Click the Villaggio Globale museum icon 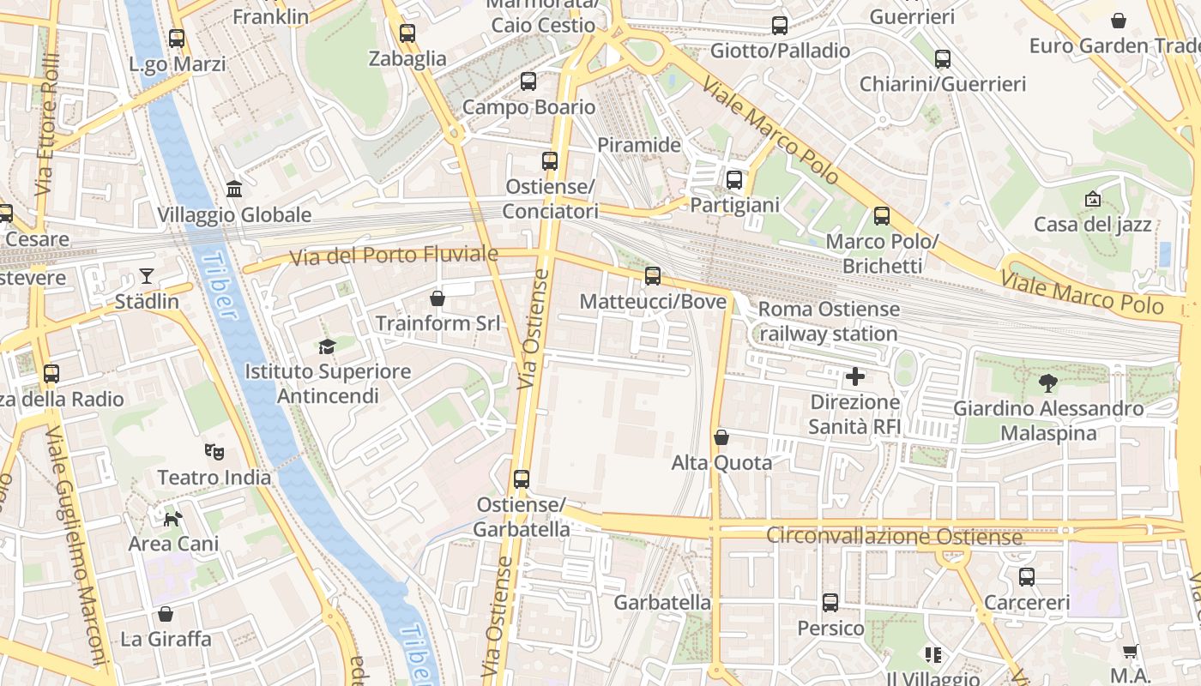pyautogui.click(x=233, y=189)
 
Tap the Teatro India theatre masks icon pyautogui.click(x=214, y=450)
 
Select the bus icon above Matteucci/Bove pyautogui.click(x=653, y=275)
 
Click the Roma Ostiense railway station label pyautogui.click(x=829, y=321)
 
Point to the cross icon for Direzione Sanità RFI pyautogui.click(x=854, y=376)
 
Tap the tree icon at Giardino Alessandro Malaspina pyautogui.click(x=1047, y=382)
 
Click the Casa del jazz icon pyautogui.click(x=1092, y=199)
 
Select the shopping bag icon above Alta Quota pyautogui.click(x=721, y=437)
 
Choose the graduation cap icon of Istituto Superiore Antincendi pyautogui.click(x=327, y=346)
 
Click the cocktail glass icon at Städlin pyautogui.click(x=147, y=275)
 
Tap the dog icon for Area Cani pyautogui.click(x=173, y=518)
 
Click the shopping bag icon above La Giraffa pyautogui.click(x=166, y=614)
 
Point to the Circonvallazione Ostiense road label pyautogui.click(x=894, y=536)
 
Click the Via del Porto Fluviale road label pyautogui.click(x=394, y=255)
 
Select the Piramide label pyautogui.click(x=638, y=144)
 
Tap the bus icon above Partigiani pyautogui.click(x=734, y=180)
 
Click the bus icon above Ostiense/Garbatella pyautogui.click(x=522, y=479)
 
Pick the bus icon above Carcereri pyautogui.click(x=1027, y=577)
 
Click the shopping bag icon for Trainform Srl pyautogui.click(x=438, y=298)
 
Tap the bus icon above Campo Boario pyautogui.click(x=528, y=81)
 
